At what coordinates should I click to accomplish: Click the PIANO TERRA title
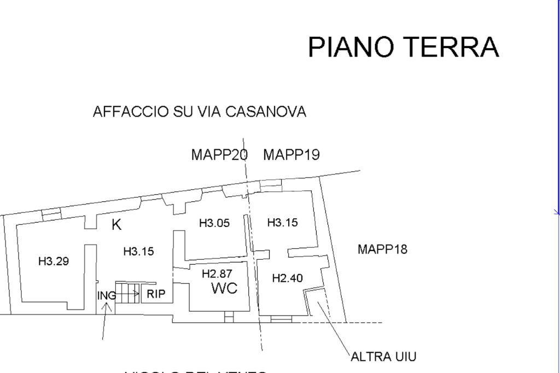[404, 47]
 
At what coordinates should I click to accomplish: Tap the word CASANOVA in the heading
[265, 112]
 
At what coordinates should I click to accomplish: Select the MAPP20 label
[219, 155]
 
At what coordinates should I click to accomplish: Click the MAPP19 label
[291, 155]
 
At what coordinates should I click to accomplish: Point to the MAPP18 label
[382, 249]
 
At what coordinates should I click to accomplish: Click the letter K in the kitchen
[116, 224]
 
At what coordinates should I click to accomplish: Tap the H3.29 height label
[54, 261]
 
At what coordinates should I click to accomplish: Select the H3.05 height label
[214, 223]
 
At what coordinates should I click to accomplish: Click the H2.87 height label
[217, 274]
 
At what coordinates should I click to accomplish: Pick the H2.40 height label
[287, 278]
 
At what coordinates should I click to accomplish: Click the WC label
[224, 289]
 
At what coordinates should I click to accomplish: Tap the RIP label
[156, 294]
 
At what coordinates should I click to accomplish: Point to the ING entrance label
[106, 296]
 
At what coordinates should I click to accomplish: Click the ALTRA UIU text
[383, 357]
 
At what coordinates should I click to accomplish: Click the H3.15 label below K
[138, 252]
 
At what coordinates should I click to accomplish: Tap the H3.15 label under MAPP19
[282, 223]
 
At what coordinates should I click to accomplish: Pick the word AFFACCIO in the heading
[131, 112]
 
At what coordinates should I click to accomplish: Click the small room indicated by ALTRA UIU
[316, 302]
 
